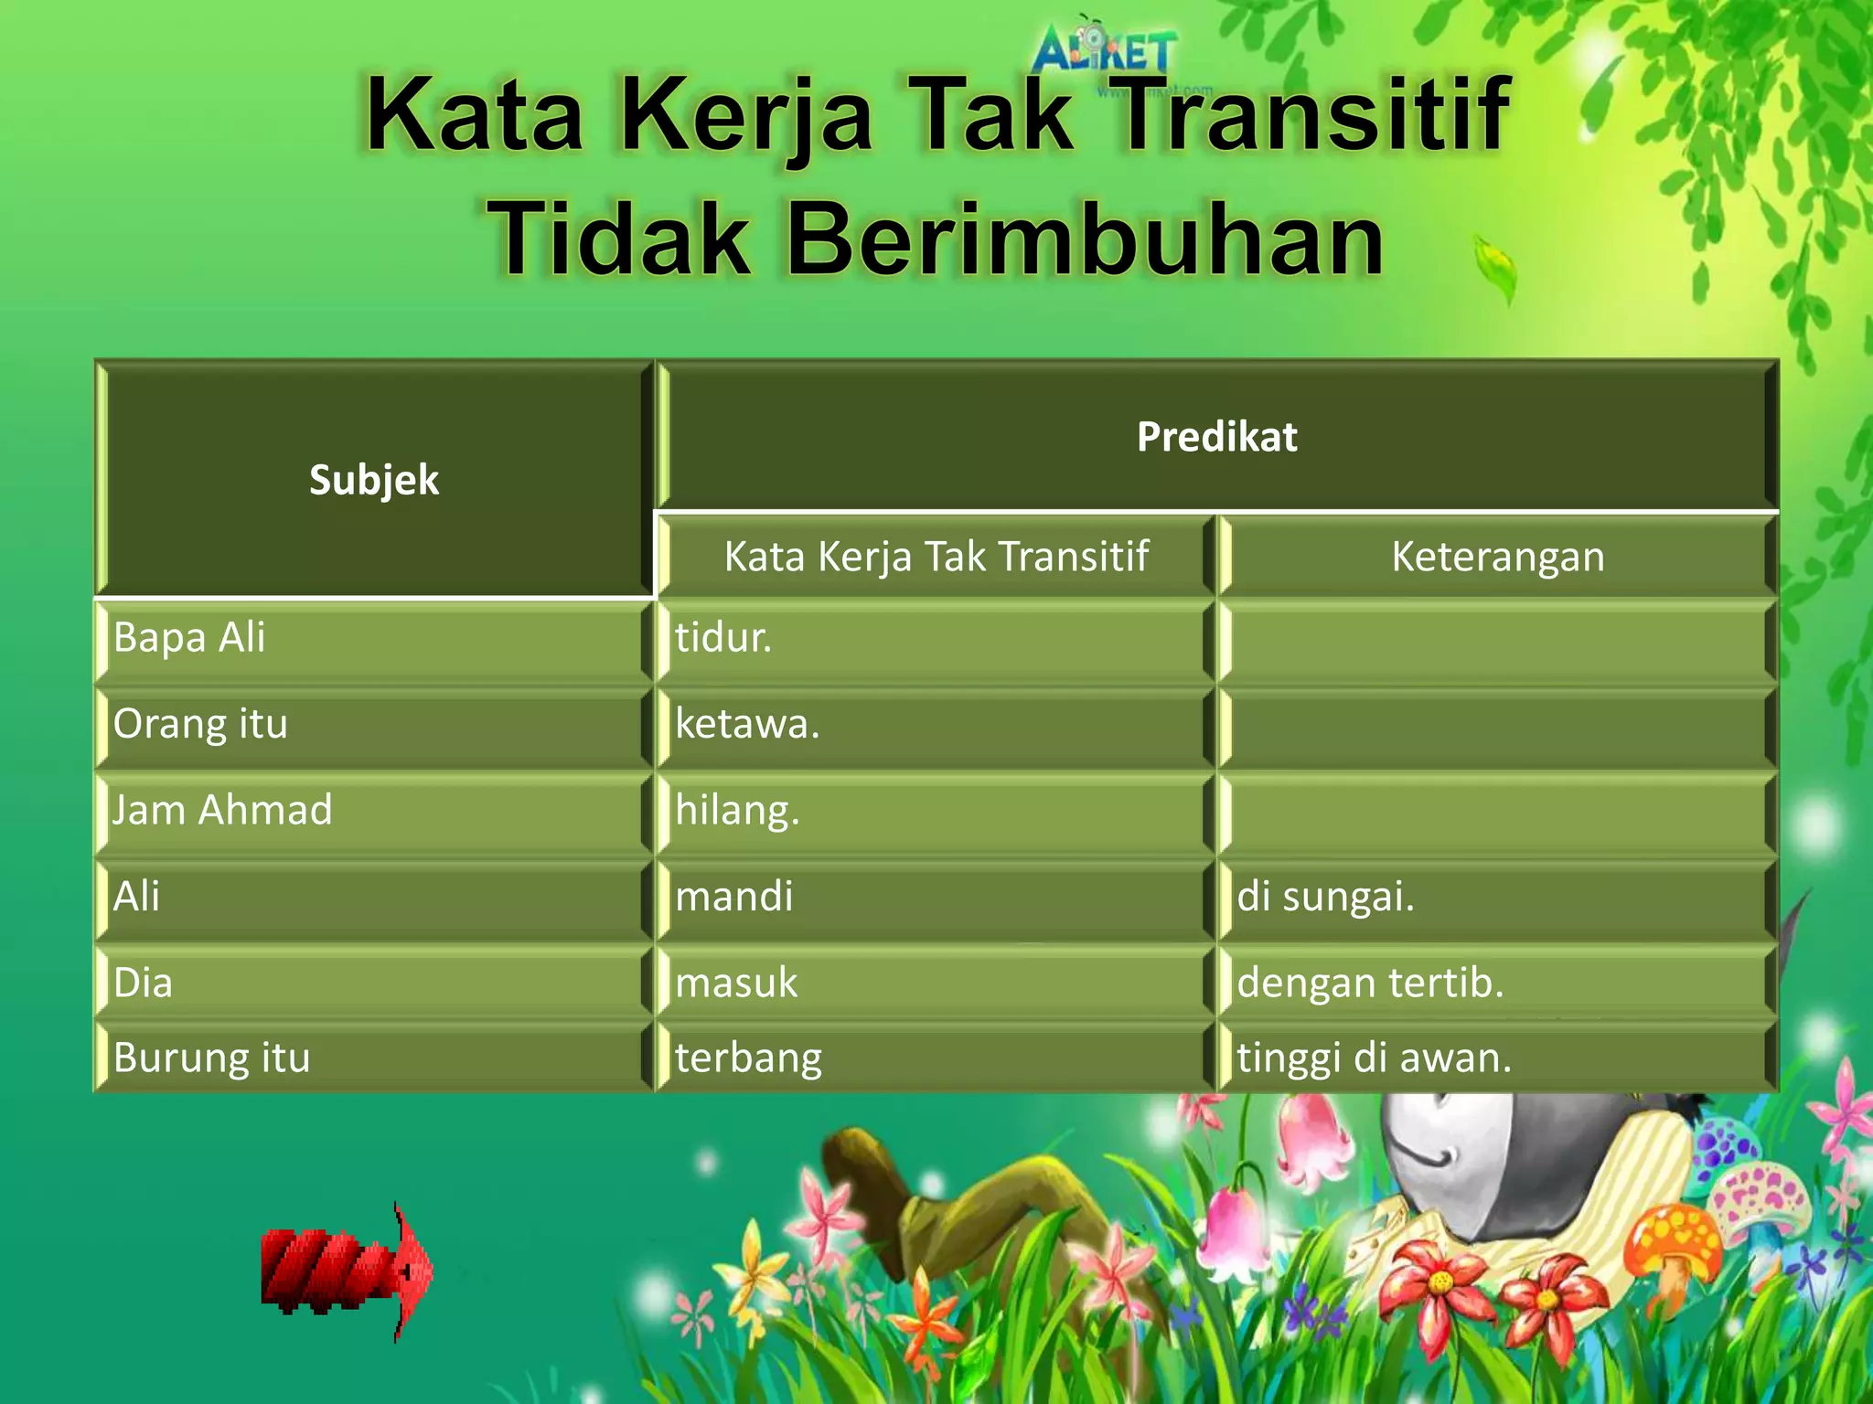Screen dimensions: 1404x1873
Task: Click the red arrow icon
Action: pyautogui.click(x=348, y=1271)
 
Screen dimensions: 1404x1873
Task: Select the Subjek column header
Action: pyautogui.click(x=374, y=480)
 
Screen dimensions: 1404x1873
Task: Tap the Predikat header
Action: pyautogui.click(x=1216, y=437)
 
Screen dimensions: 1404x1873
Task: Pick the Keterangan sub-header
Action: pyautogui.click(x=1497, y=557)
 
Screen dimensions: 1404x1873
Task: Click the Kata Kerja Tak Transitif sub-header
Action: pyautogui.click(x=936, y=557)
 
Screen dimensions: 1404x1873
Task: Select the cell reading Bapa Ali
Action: pyautogui.click(x=189, y=637)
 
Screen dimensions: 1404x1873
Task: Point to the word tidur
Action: pyautogui.click(x=723, y=637)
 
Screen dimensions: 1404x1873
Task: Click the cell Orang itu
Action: pyautogui.click(x=200, y=724)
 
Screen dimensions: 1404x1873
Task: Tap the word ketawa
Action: pyautogui.click(x=747, y=724)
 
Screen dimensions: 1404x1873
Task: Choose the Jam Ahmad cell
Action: pyautogui.click(x=222, y=810)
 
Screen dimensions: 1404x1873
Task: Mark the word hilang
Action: pyautogui.click(x=737, y=811)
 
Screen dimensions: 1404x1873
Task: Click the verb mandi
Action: pyautogui.click(x=734, y=896)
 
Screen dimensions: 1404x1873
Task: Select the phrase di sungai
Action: pyautogui.click(x=1325, y=896)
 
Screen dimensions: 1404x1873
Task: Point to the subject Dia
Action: pyautogui.click(x=143, y=983)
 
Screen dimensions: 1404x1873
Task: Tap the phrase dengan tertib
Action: pyautogui.click(x=1370, y=983)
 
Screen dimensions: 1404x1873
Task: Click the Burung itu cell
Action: pyautogui.click(x=212, y=1058)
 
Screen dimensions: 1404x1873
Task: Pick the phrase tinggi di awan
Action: pyautogui.click(x=1374, y=1058)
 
